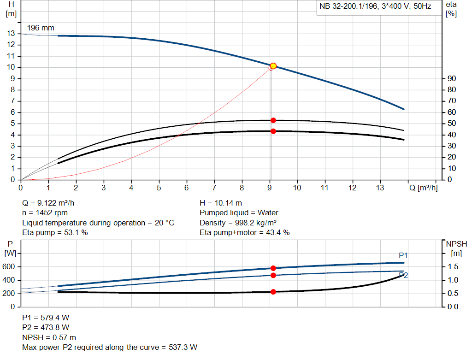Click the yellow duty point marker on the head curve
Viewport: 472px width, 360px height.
(273, 66)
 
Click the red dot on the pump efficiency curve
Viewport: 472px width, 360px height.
(273, 120)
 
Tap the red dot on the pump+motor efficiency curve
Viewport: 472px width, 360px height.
(273, 131)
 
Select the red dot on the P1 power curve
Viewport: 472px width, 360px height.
(273, 268)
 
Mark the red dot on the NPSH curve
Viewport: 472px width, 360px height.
(273, 292)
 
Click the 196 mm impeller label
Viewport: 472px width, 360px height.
(41, 28)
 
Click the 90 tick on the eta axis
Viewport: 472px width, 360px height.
(451, 79)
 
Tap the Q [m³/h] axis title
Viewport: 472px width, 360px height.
(423, 188)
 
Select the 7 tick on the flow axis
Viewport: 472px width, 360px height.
(214, 188)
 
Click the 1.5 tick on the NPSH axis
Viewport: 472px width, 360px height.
(452, 267)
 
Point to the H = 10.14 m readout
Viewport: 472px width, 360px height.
(221, 203)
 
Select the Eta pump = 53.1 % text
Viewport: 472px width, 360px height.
(55, 233)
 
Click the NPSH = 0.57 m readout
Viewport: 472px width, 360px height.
(49, 337)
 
